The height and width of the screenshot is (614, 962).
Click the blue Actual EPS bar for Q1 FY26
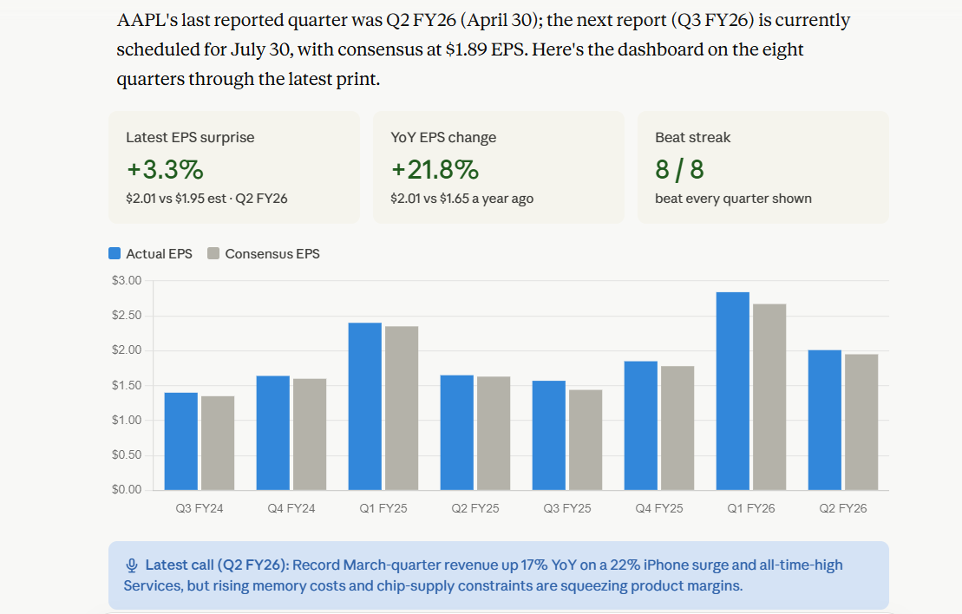732,391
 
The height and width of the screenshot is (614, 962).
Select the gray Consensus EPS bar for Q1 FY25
402,408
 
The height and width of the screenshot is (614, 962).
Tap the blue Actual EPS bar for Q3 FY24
181,441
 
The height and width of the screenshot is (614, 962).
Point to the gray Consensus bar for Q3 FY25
586,440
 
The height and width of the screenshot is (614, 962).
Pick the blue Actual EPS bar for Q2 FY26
825,420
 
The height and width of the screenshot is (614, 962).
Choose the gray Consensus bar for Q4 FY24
310,434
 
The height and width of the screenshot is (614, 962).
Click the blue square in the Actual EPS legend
115,253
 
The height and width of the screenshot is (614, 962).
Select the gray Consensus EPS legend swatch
213,253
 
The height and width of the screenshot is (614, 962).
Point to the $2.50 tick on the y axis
127,316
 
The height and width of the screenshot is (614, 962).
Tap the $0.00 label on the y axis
127,489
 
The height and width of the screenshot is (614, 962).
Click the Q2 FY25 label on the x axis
475,508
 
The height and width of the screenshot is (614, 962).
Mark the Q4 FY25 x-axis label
659,508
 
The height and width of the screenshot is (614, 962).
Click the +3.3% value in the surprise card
165,170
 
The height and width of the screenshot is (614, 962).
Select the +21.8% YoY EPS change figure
435,170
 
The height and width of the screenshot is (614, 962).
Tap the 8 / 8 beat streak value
680,170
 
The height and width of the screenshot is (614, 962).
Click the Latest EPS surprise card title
190,137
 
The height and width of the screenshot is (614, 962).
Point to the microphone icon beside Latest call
131,565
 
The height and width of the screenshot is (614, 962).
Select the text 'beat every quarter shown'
733,199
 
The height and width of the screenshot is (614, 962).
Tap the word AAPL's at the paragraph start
147,20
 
